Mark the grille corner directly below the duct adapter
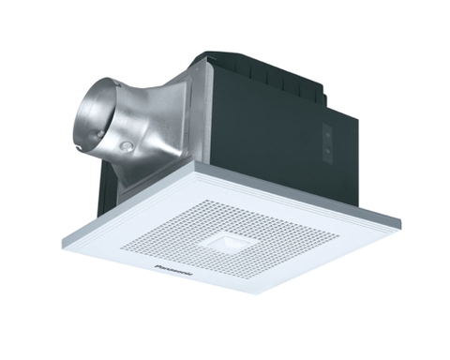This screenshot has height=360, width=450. (194, 165)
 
